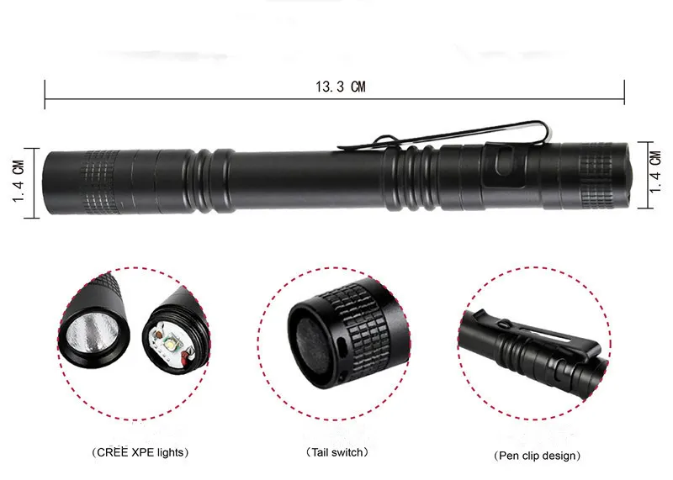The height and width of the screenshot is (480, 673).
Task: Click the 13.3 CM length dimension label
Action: (x=341, y=87)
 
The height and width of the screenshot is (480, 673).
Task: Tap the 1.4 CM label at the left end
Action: (x=19, y=182)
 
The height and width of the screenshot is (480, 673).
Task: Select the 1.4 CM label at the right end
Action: (x=655, y=172)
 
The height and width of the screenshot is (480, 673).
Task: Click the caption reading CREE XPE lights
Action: (x=140, y=452)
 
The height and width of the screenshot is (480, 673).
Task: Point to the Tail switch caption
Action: (x=337, y=452)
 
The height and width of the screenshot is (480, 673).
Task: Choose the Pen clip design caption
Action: (x=537, y=456)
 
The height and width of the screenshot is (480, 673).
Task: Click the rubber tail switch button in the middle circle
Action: (x=313, y=346)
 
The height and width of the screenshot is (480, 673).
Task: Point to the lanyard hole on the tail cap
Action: (x=342, y=345)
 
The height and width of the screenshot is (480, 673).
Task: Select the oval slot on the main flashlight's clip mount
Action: (x=504, y=161)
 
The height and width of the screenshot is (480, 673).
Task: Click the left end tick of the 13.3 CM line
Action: (x=45, y=94)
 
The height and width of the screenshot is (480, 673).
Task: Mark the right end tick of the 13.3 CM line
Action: (x=624, y=92)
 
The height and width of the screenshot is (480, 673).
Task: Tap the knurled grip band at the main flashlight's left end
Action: (x=101, y=182)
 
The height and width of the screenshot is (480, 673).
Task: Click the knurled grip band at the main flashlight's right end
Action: (x=596, y=176)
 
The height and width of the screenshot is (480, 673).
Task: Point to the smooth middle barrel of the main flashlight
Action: (x=308, y=180)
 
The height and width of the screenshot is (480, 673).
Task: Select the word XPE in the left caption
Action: (x=142, y=452)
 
